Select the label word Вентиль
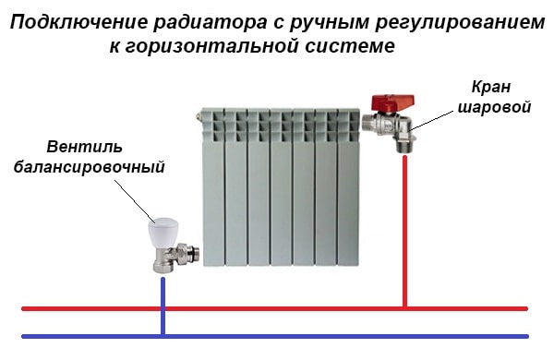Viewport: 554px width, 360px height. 84,148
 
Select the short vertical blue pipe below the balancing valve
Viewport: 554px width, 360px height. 163,300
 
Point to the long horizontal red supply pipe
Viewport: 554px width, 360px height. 277,308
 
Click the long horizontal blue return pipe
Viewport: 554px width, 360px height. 277,335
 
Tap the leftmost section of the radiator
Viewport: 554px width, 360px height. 214,185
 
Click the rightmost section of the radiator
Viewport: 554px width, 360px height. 351,185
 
